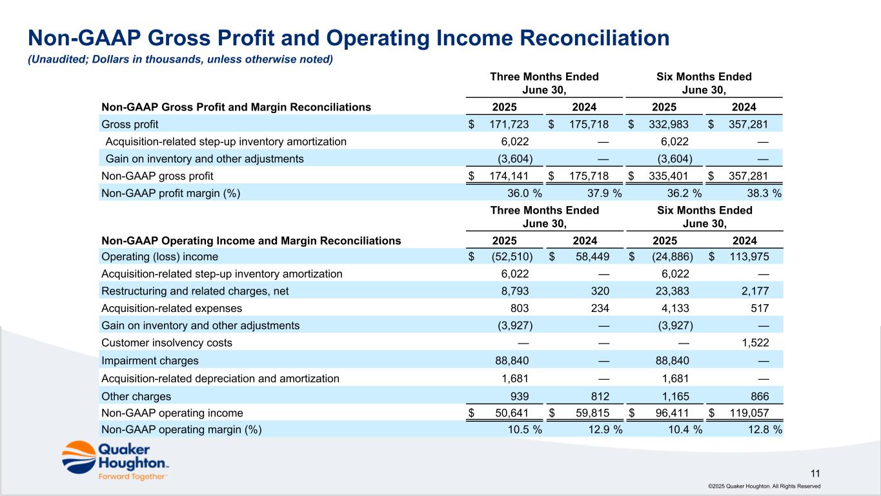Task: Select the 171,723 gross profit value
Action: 509,124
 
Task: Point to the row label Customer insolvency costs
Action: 167,343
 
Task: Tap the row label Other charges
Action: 136,396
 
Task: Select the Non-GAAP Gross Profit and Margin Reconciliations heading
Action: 236,107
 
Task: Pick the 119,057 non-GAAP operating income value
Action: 749,413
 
